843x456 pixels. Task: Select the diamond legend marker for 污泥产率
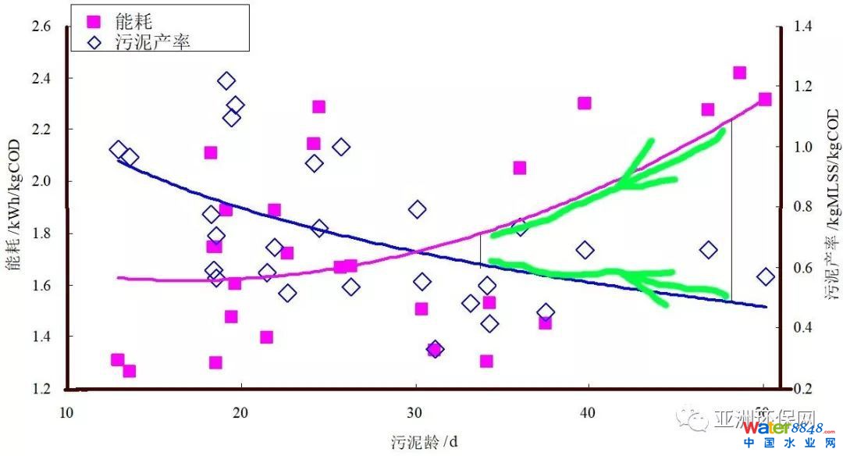pos(94,42)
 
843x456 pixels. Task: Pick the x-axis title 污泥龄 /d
pos(425,442)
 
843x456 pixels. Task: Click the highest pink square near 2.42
pos(740,73)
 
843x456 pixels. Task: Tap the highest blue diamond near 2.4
pos(226,80)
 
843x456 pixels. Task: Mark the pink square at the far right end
pos(765,99)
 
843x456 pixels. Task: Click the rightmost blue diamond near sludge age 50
pos(766,276)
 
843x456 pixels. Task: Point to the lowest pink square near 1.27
pos(129,371)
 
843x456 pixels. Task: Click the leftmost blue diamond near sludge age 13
pos(119,150)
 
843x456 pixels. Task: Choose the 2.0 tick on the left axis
pos(41,181)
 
